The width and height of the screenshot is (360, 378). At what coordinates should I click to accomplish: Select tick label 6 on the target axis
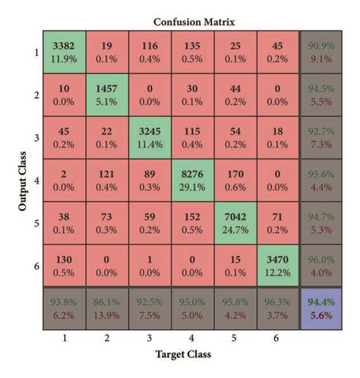point(278,339)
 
